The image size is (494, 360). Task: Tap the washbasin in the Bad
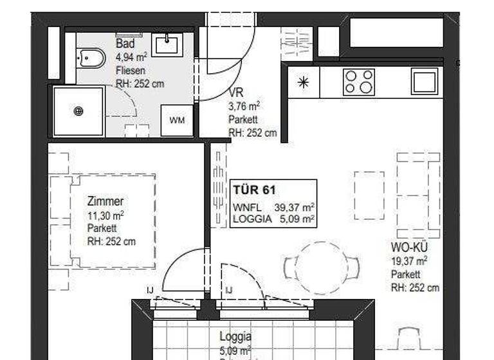168,44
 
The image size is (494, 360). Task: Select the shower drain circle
78,111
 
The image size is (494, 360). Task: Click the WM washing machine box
176,121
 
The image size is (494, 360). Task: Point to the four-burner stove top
359,82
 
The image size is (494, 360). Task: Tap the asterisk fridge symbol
304,82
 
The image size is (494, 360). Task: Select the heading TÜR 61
254,190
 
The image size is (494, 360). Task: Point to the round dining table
321,267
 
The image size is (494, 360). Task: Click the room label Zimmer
105,201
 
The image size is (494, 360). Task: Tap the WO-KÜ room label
409,248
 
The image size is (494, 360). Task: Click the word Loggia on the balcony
235,336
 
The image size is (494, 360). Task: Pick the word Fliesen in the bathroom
130,70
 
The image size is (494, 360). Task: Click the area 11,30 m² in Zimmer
105,215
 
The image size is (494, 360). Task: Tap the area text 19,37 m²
409,261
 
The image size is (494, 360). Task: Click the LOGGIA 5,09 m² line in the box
273,219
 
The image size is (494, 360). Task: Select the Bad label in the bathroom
125,44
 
